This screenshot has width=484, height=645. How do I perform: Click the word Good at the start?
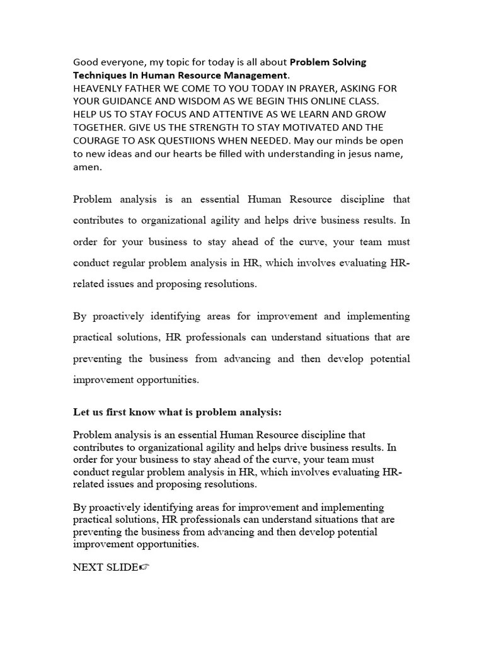tap(86, 62)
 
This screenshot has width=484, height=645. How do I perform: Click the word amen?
tap(86, 167)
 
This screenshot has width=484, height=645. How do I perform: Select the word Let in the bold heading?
tap(81, 412)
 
